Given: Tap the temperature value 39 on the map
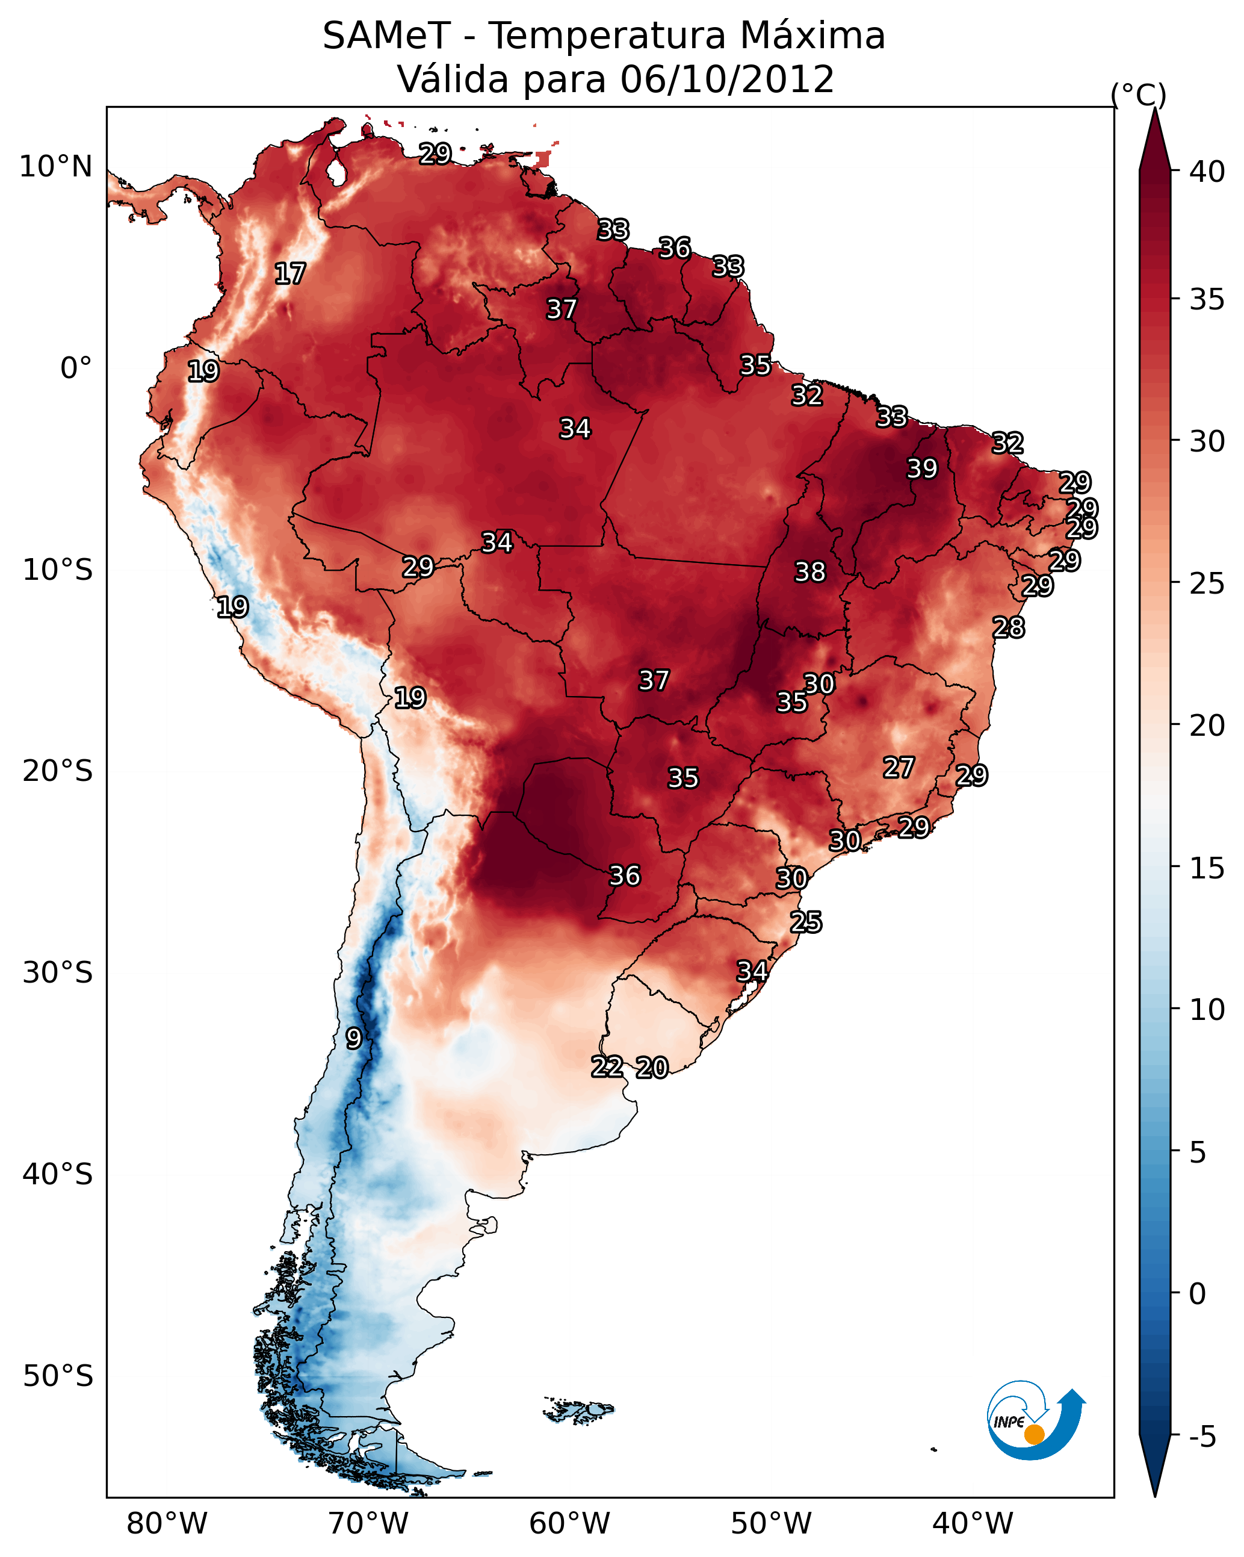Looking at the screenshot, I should point(922,468).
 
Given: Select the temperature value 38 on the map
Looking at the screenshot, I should point(809,572).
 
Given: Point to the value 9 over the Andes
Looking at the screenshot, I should point(353,1039).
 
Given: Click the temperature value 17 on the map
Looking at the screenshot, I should point(290,274).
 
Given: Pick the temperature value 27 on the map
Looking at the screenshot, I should point(899,768).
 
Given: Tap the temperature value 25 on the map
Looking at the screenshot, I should point(806,922).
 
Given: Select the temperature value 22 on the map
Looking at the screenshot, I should point(607,1067).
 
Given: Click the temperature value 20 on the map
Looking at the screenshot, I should point(652,1068).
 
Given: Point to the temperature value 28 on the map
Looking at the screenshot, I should point(1009,627).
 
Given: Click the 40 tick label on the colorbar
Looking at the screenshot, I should point(1207,172).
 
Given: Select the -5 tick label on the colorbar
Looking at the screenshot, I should point(1203,1437).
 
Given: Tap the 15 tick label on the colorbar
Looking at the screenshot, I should point(1207,869).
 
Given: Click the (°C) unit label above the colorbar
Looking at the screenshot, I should point(1139,95).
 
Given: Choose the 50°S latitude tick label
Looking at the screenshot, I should point(58,1376).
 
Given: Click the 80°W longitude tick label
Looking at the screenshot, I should point(167,1524).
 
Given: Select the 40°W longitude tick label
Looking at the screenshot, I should point(973,1524).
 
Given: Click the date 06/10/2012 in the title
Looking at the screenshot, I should point(727,79).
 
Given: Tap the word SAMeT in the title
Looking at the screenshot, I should point(386,36).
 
